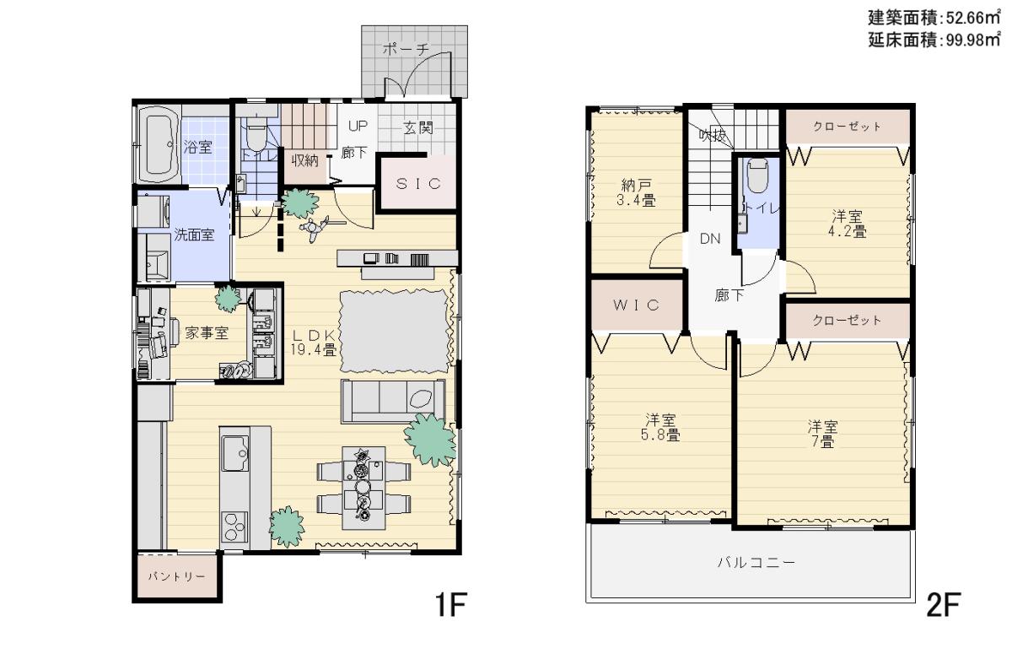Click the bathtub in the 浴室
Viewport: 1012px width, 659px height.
(159, 144)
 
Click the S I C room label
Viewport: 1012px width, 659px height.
(418, 183)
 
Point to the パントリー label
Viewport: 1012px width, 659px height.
(176, 576)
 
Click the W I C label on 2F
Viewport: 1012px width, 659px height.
(636, 305)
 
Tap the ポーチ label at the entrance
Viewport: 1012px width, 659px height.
(406, 49)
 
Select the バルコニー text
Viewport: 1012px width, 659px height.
(756, 562)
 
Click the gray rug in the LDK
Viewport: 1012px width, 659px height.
(394, 332)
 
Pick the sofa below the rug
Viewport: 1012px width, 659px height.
(393, 401)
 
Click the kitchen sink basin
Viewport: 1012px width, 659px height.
(235, 453)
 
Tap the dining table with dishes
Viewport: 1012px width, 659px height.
(363, 488)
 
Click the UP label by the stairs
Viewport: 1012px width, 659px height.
(358, 126)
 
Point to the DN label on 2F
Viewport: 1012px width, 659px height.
(710, 239)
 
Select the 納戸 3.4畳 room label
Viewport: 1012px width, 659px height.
(636, 192)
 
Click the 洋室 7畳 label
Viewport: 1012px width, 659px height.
(822, 434)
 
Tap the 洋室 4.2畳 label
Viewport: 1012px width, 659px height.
(847, 224)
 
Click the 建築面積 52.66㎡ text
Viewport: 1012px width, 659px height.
(934, 18)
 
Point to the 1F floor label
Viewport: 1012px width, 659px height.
(450, 604)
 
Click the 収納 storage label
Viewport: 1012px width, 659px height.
(305, 160)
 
